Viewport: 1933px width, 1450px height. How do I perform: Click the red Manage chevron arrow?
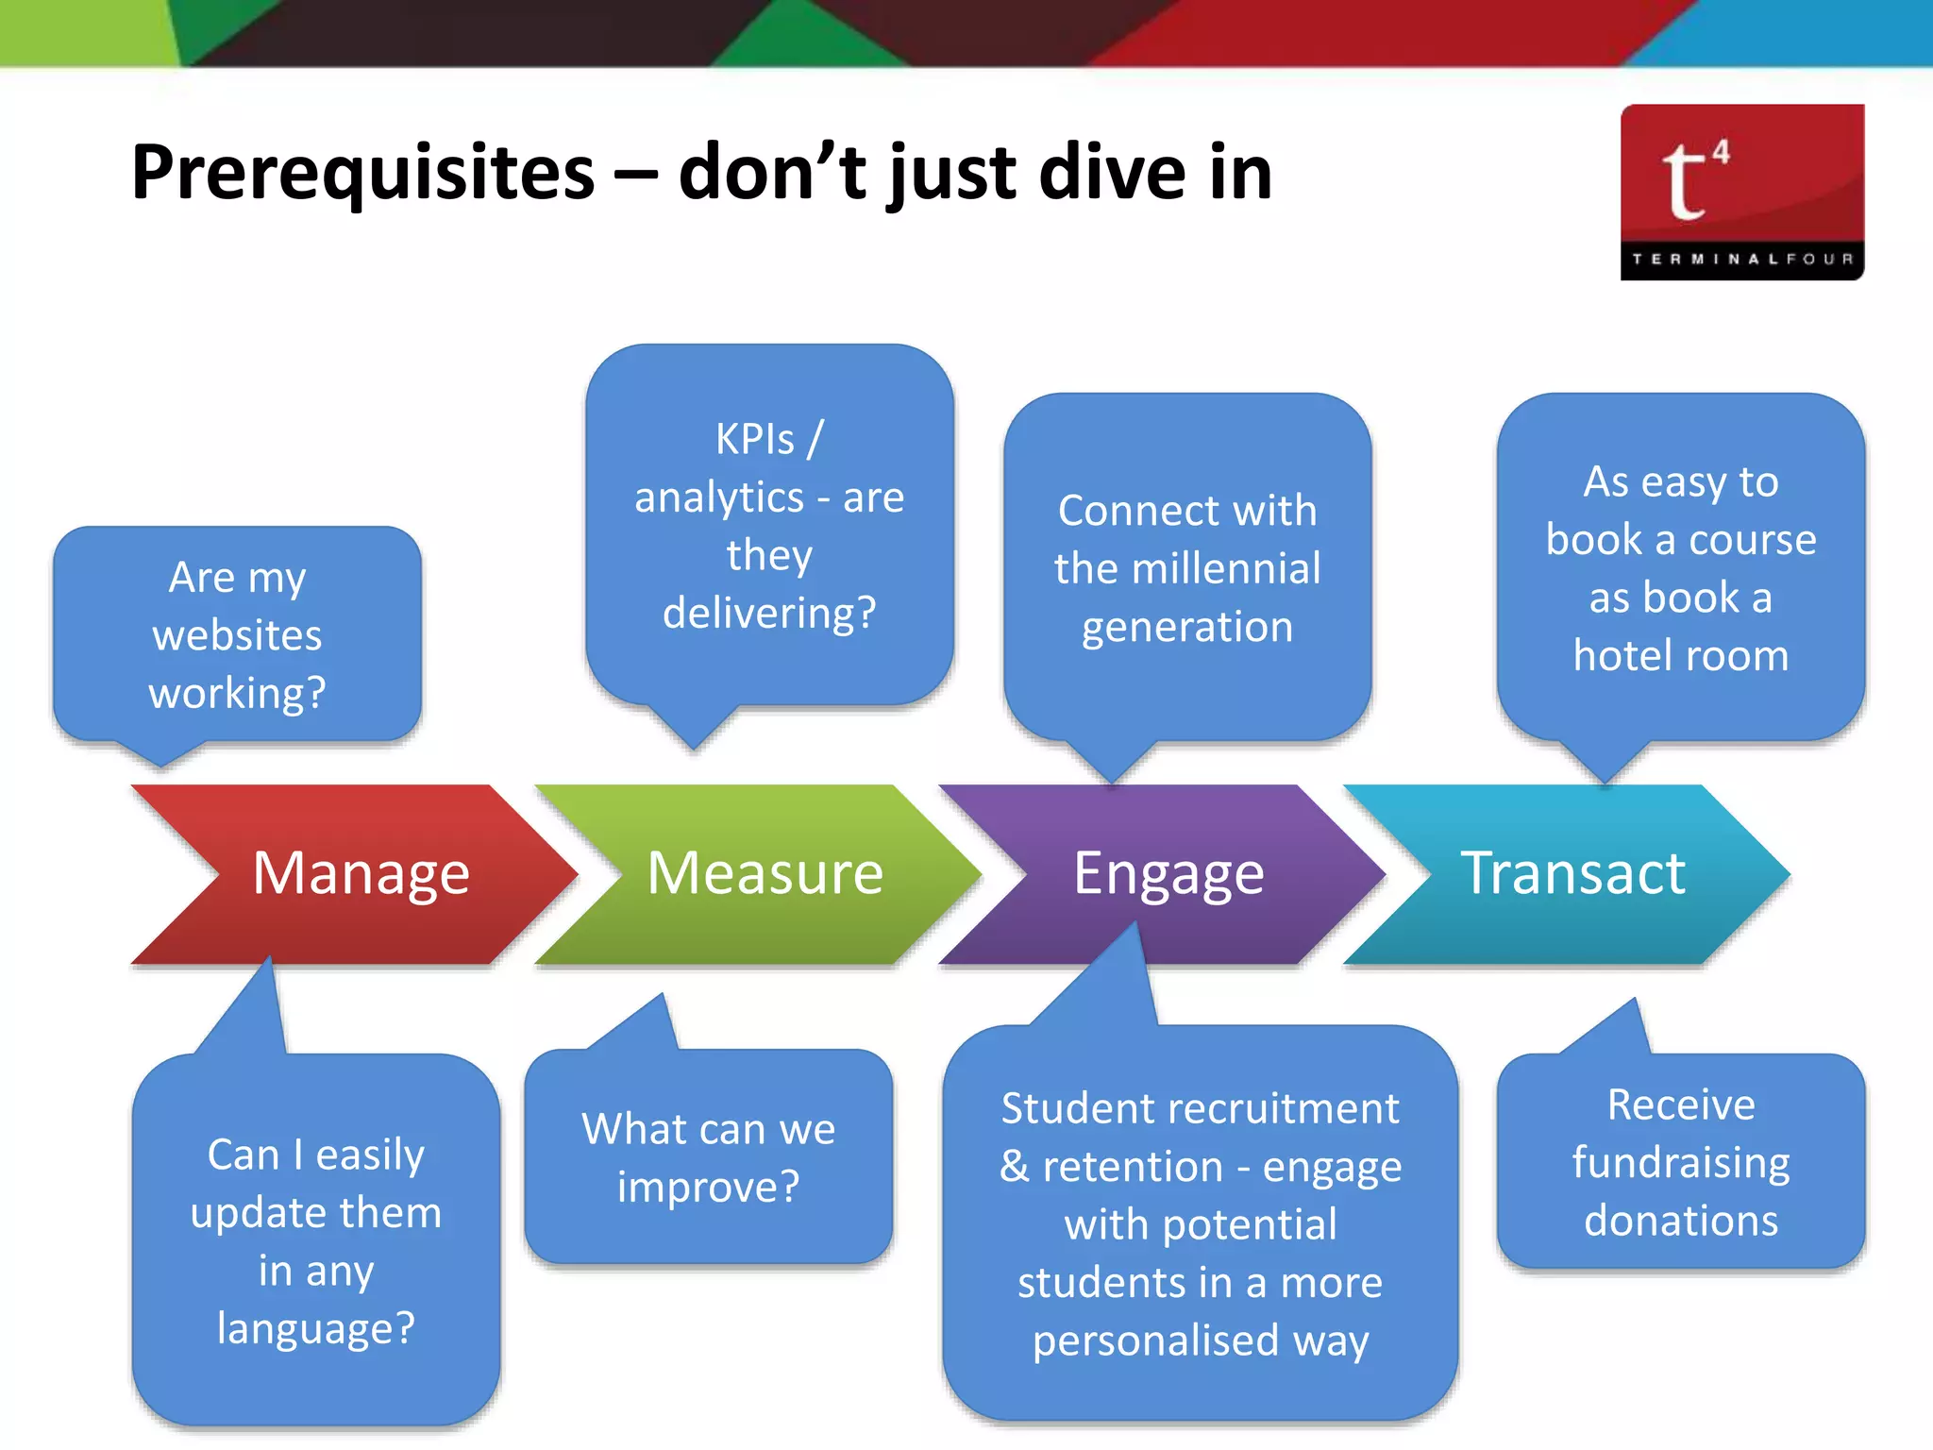(x=359, y=873)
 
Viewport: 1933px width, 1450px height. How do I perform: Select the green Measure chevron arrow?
(x=765, y=873)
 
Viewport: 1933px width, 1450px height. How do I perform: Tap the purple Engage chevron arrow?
(x=1168, y=873)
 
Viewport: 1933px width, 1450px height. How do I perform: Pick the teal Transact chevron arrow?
(x=1572, y=873)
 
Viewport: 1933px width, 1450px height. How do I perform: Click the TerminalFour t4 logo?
(x=1741, y=192)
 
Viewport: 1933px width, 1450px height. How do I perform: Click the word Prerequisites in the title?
(x=363, y=173)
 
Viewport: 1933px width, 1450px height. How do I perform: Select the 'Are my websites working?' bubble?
(x=237, y=634)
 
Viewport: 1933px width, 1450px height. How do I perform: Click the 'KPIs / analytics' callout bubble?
(x=769, y=525)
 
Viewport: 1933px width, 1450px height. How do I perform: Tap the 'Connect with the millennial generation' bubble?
(x=1187, y=568)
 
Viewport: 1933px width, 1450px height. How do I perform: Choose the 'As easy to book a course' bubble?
(x=1680, y=568)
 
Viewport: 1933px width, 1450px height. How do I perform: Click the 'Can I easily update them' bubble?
(x=316, y=1240)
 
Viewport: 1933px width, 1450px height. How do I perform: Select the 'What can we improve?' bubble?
(x=708, y=1157)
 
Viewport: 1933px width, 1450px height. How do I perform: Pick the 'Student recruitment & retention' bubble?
(x=1200, y=1223)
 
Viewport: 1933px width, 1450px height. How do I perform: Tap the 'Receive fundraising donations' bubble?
(x=1680, y=1162)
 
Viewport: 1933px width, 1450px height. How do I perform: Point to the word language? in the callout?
(x=316, y=1329)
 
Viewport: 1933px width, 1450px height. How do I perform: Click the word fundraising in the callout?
(x=1680, y=1163)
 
